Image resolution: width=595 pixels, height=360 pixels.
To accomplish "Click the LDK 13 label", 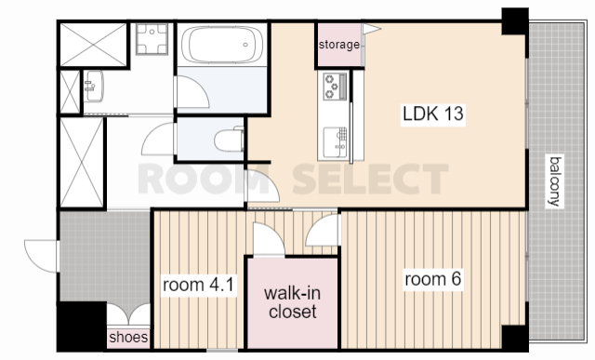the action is click(x=433, y=113).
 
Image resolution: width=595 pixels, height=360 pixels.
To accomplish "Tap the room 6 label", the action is click(x=433, y=279).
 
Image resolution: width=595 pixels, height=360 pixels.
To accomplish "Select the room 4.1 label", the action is click(x=198, y=285).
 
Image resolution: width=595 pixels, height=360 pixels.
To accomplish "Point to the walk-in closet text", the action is click(x=292, y=302).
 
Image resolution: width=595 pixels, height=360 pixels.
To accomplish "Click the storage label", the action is click(x=338, y=45).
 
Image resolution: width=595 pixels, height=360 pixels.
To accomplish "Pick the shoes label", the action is click(x=128, y=337).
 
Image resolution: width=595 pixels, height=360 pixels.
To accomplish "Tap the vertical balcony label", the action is click(x=555, y=181).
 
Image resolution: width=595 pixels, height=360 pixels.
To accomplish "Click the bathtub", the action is click(x=222, y=45).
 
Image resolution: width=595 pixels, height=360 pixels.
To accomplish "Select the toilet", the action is click(x=229, y=140).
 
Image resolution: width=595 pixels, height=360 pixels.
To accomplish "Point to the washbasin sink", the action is click(x=93, y=87).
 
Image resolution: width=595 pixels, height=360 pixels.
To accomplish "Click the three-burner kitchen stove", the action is click(x=335, y=87).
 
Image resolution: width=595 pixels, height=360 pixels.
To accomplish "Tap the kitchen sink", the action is click(x=335, y=142).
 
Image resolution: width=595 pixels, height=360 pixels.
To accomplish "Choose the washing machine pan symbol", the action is click(x=152, y=39).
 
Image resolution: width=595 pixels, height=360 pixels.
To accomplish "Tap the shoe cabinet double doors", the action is click(x=128, y=313).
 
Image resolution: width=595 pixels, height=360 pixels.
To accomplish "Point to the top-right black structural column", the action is click(x=515, y=21).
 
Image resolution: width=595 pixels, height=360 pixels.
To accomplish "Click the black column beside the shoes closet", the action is click(x=82, y=326).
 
